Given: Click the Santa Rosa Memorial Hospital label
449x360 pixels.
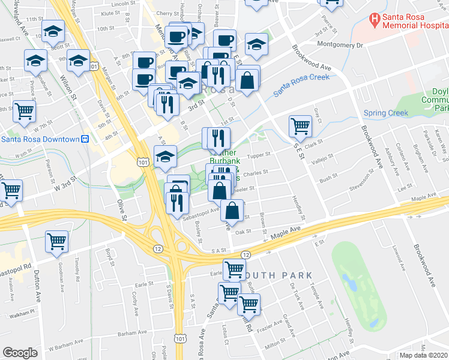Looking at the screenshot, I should (414, 23).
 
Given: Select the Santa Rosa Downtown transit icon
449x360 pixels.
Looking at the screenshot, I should (85, 139).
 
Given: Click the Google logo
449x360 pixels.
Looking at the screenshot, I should (20, 353).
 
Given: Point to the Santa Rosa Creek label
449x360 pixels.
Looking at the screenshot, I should (301, 85).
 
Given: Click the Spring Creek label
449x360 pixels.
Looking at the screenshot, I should (385, 113).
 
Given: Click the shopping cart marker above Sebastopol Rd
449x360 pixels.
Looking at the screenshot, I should (57, 241).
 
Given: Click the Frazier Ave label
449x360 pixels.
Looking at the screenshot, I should (270, 326).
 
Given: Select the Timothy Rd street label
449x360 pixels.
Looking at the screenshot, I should (77, 268).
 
